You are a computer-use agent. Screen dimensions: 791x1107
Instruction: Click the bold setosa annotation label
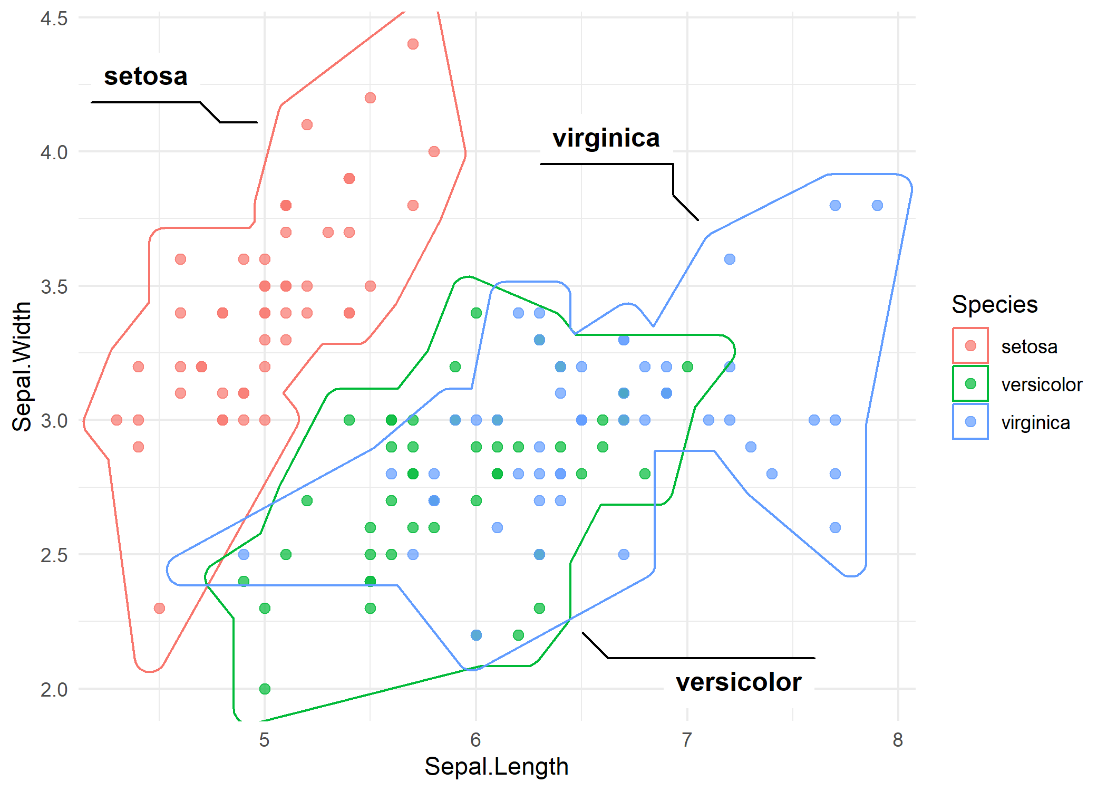coord(145,76)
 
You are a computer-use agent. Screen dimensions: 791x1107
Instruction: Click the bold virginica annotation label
coord(606,138)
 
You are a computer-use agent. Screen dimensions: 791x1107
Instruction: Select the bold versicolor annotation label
coord(739,682)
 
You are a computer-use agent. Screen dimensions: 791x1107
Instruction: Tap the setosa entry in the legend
coord(1029,346)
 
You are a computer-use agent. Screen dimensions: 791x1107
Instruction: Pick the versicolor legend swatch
coord(970,384)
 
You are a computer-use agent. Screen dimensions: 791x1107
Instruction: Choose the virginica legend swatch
coord(970,422)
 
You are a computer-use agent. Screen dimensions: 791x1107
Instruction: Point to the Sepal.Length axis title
coord(496,766)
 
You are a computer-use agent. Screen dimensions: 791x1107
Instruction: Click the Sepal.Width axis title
coord(22,366)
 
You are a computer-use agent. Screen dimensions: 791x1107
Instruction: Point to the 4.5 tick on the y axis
coord(54,18)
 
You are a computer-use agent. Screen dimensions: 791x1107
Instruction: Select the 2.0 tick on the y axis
coord(54,689)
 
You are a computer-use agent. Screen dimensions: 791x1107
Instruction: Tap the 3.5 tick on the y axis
coord(54,286)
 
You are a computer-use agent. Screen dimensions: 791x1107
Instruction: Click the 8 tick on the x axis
coord(898,740)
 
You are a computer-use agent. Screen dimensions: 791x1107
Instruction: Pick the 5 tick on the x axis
coord(264,740)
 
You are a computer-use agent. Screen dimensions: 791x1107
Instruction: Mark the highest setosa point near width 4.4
coord(413,44)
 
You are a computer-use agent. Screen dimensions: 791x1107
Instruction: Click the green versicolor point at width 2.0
coord(265,689)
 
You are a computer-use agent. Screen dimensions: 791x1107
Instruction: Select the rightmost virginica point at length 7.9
coord(877,205)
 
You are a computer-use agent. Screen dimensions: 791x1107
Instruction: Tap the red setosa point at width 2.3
coord(159,608)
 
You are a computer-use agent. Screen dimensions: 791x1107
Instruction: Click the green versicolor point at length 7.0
coord(687,366)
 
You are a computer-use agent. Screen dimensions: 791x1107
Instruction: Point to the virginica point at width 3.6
coord(730,259)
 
